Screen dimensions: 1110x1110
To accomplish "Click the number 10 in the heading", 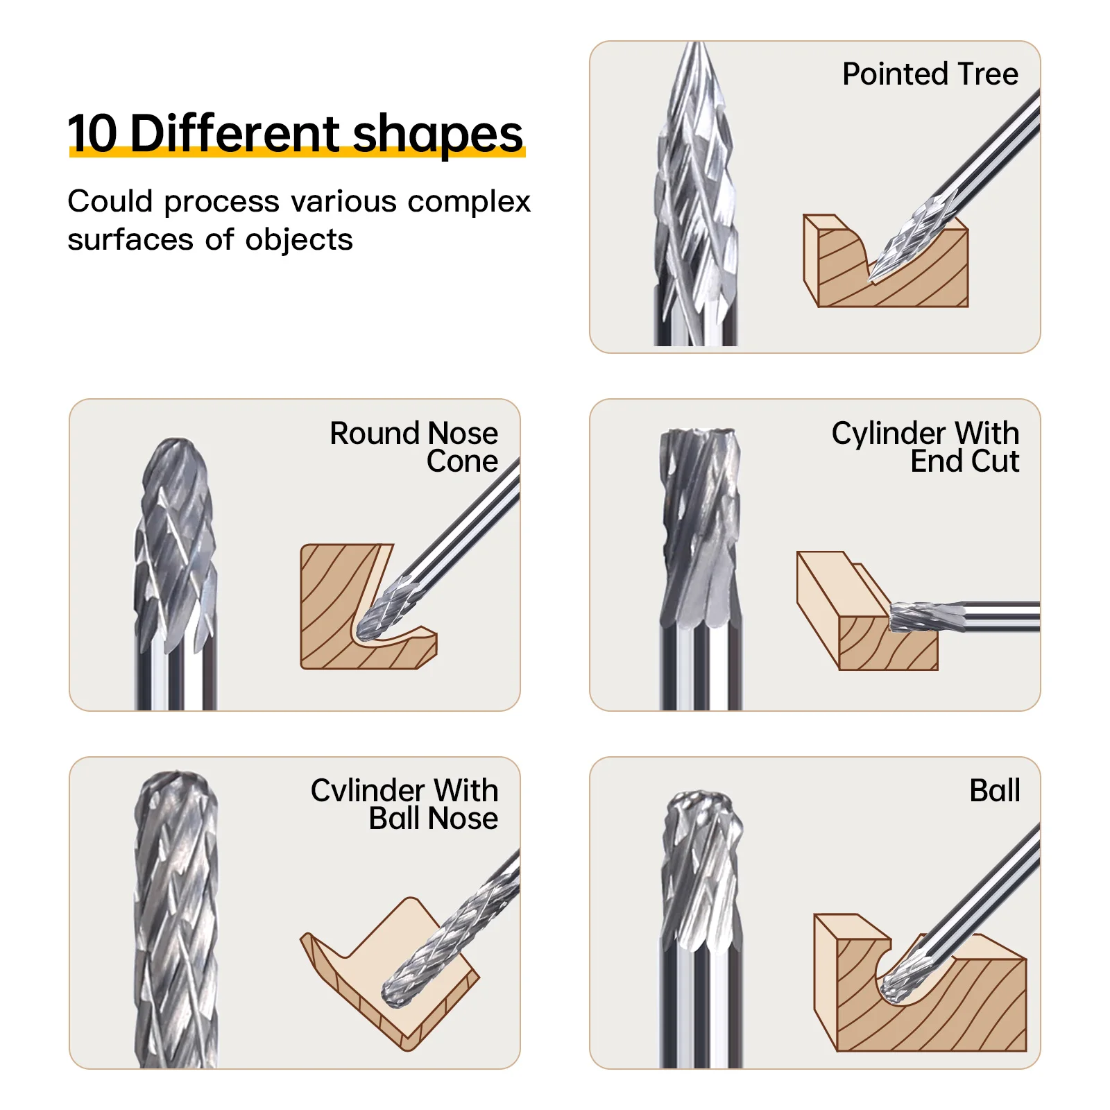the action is coord(93,133).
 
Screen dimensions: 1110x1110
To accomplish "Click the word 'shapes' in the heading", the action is coord(438,135).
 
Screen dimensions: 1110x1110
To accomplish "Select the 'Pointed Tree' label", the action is coord(930,74).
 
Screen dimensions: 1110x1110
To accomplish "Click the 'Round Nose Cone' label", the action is coord(413,447).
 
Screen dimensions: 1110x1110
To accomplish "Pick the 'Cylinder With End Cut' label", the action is coord(925,447).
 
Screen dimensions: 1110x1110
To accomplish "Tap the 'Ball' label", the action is coord(995,790).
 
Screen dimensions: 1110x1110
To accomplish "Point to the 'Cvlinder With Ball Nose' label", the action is coord(404,804).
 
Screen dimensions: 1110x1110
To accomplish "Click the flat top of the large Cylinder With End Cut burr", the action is coord(699,433).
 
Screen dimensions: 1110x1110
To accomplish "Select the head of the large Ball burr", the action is coord(702,867).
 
